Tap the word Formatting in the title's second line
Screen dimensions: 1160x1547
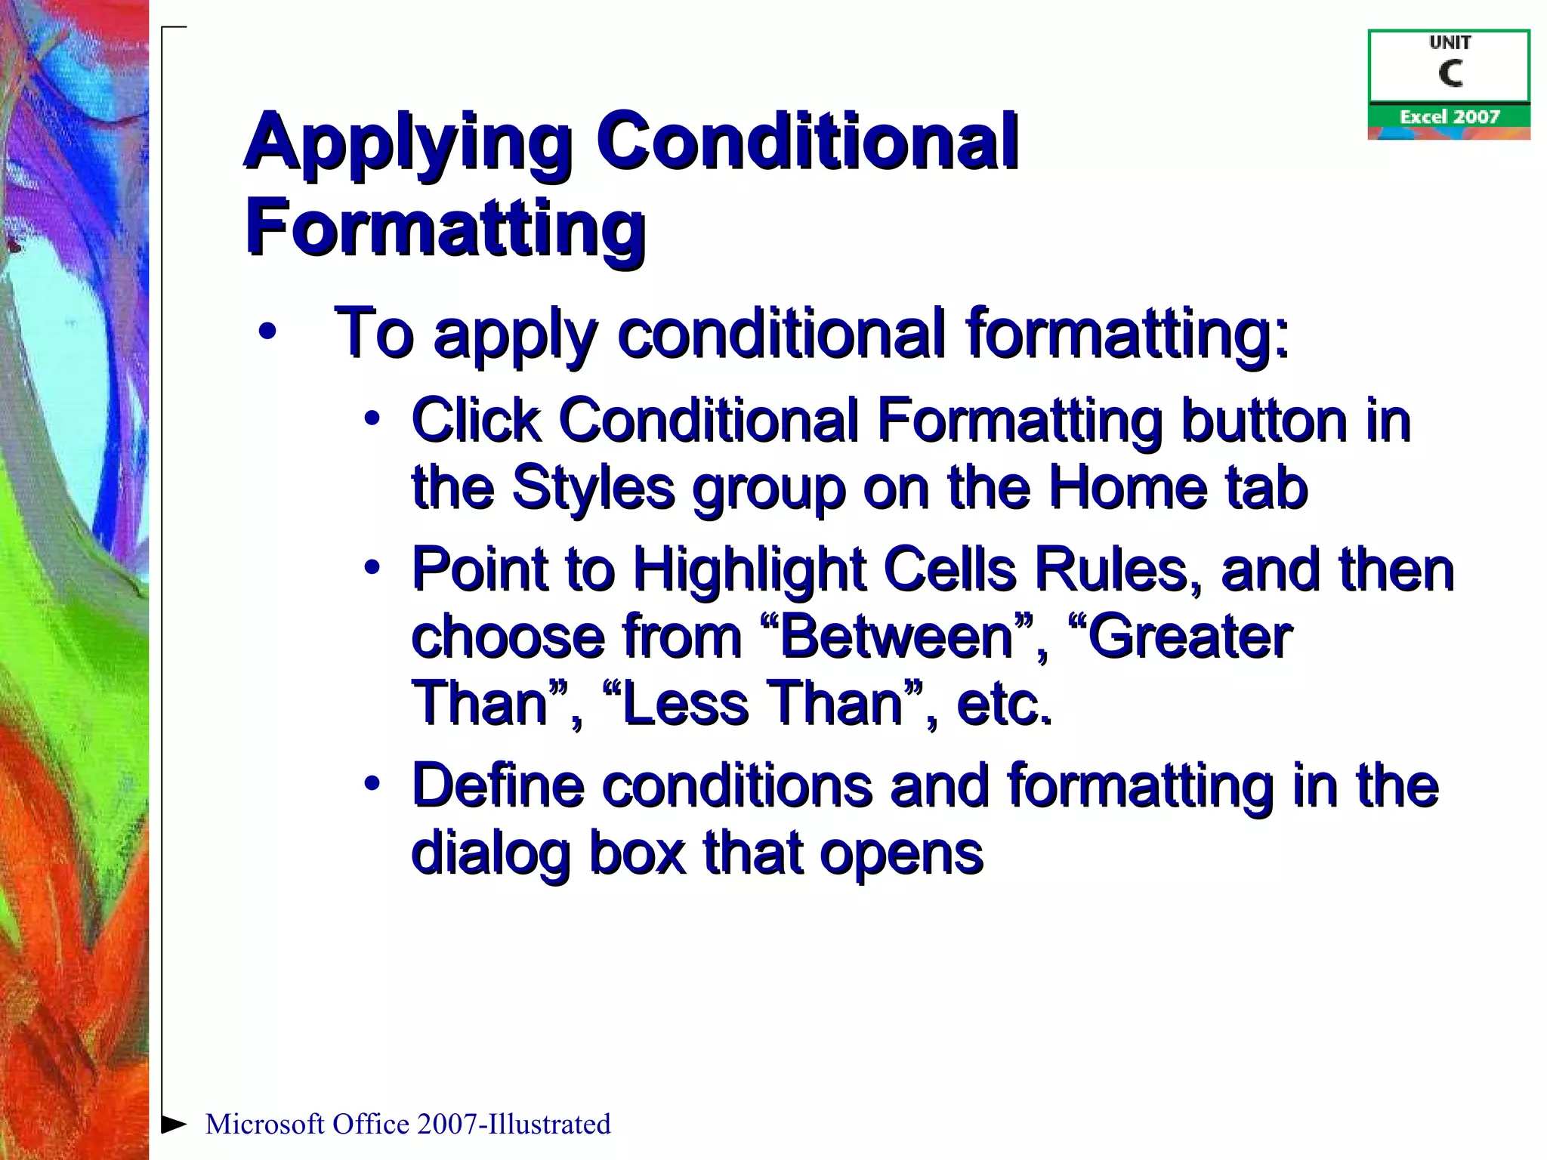(445, 227)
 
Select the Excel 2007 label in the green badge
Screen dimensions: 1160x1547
(1449, 117)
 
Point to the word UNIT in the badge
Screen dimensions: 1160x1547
(1450, 43)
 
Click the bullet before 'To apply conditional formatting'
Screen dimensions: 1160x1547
(266, 332)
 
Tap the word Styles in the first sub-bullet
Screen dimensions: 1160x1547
(593, 487)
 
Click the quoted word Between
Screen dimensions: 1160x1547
(895, 637)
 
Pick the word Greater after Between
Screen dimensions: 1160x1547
(1189, 637)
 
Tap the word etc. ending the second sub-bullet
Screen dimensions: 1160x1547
(1004, 703)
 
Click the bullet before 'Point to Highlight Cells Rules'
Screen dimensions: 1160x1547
(371, 568)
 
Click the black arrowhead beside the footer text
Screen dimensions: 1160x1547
(174, 1124)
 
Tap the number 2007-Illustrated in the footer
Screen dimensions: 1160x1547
(514, 1124)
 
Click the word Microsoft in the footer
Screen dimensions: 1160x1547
(264, 1124)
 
